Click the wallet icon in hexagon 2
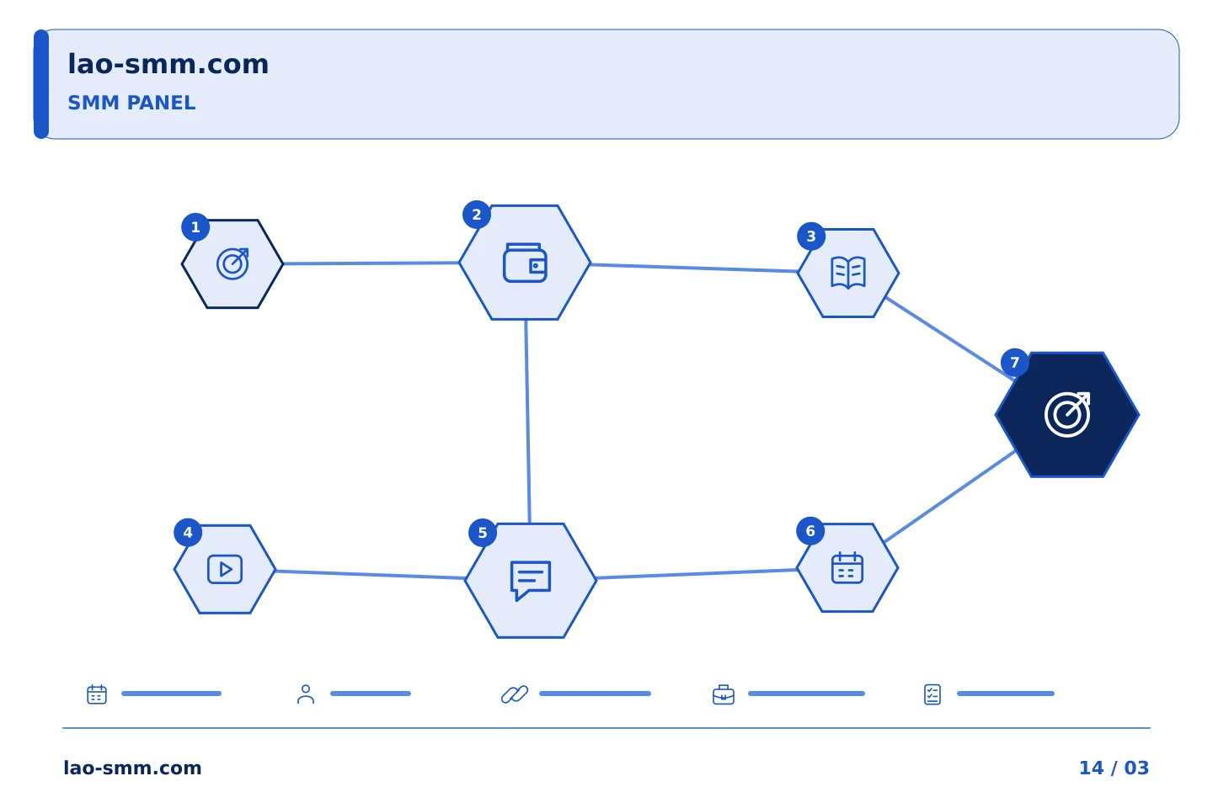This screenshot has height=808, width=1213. coord(525,263)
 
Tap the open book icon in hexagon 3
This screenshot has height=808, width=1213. coord(848,273)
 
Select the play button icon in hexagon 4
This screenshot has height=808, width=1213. coord(225,569)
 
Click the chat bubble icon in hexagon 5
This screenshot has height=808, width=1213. coord(531,581)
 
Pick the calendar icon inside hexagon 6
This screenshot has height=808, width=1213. coord(847,568)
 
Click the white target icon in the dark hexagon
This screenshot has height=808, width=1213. coord(1067,414)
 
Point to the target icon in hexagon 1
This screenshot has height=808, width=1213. coord(232,264)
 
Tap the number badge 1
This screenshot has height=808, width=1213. coord(195,227)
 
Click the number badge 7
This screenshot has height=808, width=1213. coord(1015,363)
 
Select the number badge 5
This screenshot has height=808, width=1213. coord(483,533)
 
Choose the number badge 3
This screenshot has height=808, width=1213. coord(811,237)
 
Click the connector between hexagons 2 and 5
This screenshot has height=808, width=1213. coord(527,422)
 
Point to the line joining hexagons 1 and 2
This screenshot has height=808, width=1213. coord(371,263)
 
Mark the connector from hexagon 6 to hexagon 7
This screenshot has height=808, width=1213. coord(949,497)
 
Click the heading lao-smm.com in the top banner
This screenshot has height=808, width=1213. coord(168,65)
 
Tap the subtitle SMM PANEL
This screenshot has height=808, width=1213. coord(131,103)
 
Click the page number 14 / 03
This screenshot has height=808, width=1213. coord(1114,768)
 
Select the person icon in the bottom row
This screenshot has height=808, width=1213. coord(306,694)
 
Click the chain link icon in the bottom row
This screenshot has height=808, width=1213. coord(515,694)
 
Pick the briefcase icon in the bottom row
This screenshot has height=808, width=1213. coord(724,694)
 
